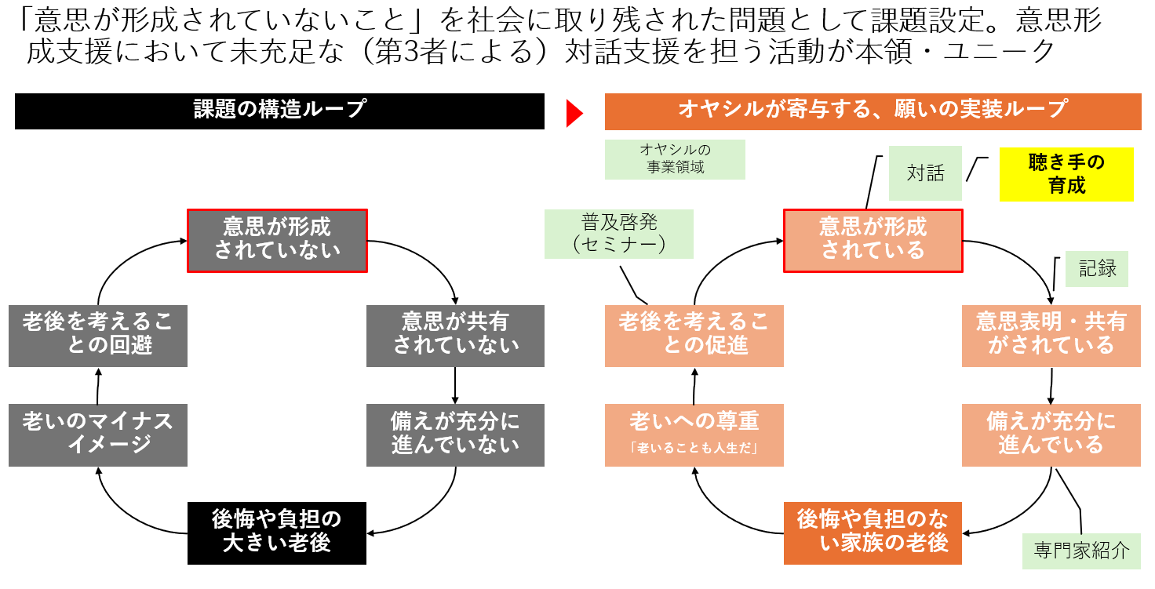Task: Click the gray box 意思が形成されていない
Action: coord(277,240)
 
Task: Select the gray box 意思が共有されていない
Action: coord(455,335)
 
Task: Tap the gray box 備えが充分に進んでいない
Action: coord(455,435)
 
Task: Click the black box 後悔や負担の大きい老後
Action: coord(277,533)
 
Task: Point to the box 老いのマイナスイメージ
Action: coord(98,435)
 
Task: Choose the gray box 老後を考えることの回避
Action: coord(98,335)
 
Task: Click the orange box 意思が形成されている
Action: coord(873,240)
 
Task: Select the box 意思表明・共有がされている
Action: coord(1051,335)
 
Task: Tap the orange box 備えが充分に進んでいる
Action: coord(1051,435)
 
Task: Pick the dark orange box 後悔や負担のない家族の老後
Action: coord(873,533)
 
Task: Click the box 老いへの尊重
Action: coord(694,435)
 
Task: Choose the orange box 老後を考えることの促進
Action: coord(694,335)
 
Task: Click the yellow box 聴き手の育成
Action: coord(1066,174)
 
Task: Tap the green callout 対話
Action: coord(925,173)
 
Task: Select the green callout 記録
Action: coord(1097,269)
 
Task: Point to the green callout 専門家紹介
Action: coord(1081,551)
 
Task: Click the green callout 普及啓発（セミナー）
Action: coord(619,234)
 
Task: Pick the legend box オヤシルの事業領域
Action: coord(675,158)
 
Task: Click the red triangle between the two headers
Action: coord(575,112)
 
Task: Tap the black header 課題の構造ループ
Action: coord(279,111)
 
